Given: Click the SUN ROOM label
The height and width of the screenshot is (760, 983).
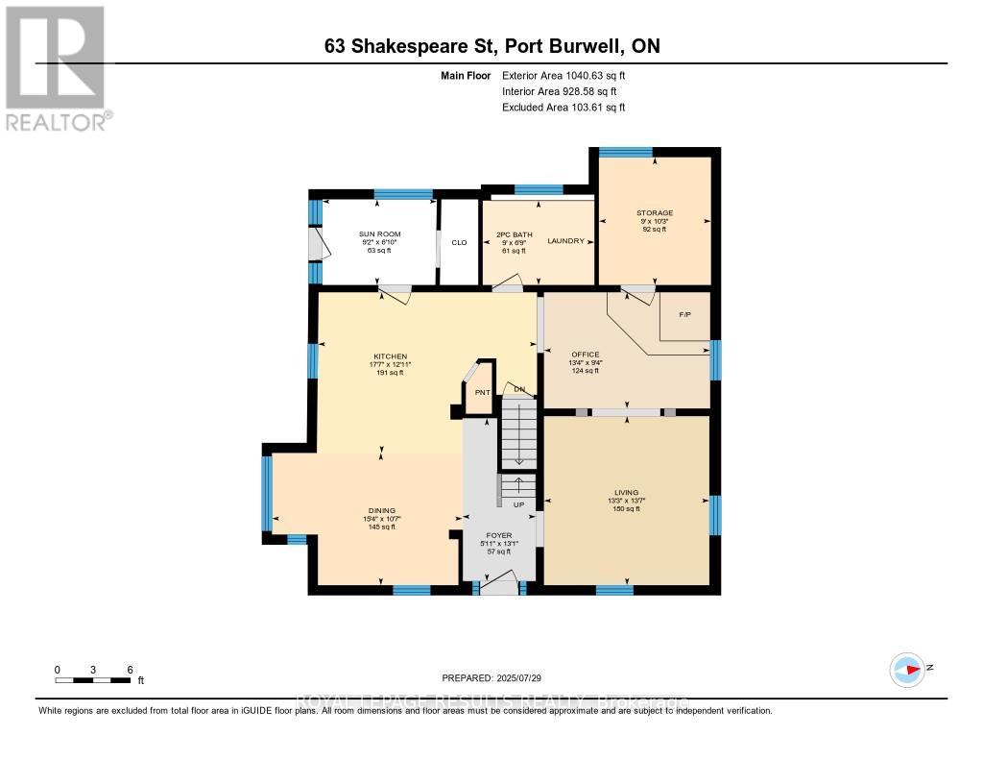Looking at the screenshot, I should [381, 234].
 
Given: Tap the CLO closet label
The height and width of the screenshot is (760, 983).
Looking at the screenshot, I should [459, 242].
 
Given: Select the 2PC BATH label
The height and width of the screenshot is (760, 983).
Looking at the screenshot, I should [514, 234].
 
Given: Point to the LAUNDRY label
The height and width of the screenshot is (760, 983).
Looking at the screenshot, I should [565, 241].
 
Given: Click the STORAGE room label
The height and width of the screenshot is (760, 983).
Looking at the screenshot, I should [654, 213].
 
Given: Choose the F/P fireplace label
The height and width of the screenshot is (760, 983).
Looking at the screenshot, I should [684, 314].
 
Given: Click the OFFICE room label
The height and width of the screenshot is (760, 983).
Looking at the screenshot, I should [585, 355].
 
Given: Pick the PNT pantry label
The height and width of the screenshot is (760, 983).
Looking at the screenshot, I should [482, 392].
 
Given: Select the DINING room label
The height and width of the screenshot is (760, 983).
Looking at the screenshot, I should [381, 510].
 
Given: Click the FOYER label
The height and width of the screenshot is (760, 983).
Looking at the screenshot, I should [498, 535].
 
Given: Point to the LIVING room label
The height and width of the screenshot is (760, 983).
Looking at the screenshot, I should [627, 493].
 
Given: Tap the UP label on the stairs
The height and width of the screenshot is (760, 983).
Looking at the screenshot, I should [518, 504].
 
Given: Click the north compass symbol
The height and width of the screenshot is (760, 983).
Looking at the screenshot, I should [907, 669].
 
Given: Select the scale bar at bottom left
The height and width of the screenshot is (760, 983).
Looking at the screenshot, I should [93, 680].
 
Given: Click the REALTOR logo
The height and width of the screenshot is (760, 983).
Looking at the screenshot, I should [57, 67].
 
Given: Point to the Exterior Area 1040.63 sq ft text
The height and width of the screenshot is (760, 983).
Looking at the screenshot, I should [563, 76].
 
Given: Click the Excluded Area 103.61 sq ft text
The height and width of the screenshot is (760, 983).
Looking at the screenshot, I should [563, 108].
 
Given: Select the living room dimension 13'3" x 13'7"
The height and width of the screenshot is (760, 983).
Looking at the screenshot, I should [627, 501].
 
